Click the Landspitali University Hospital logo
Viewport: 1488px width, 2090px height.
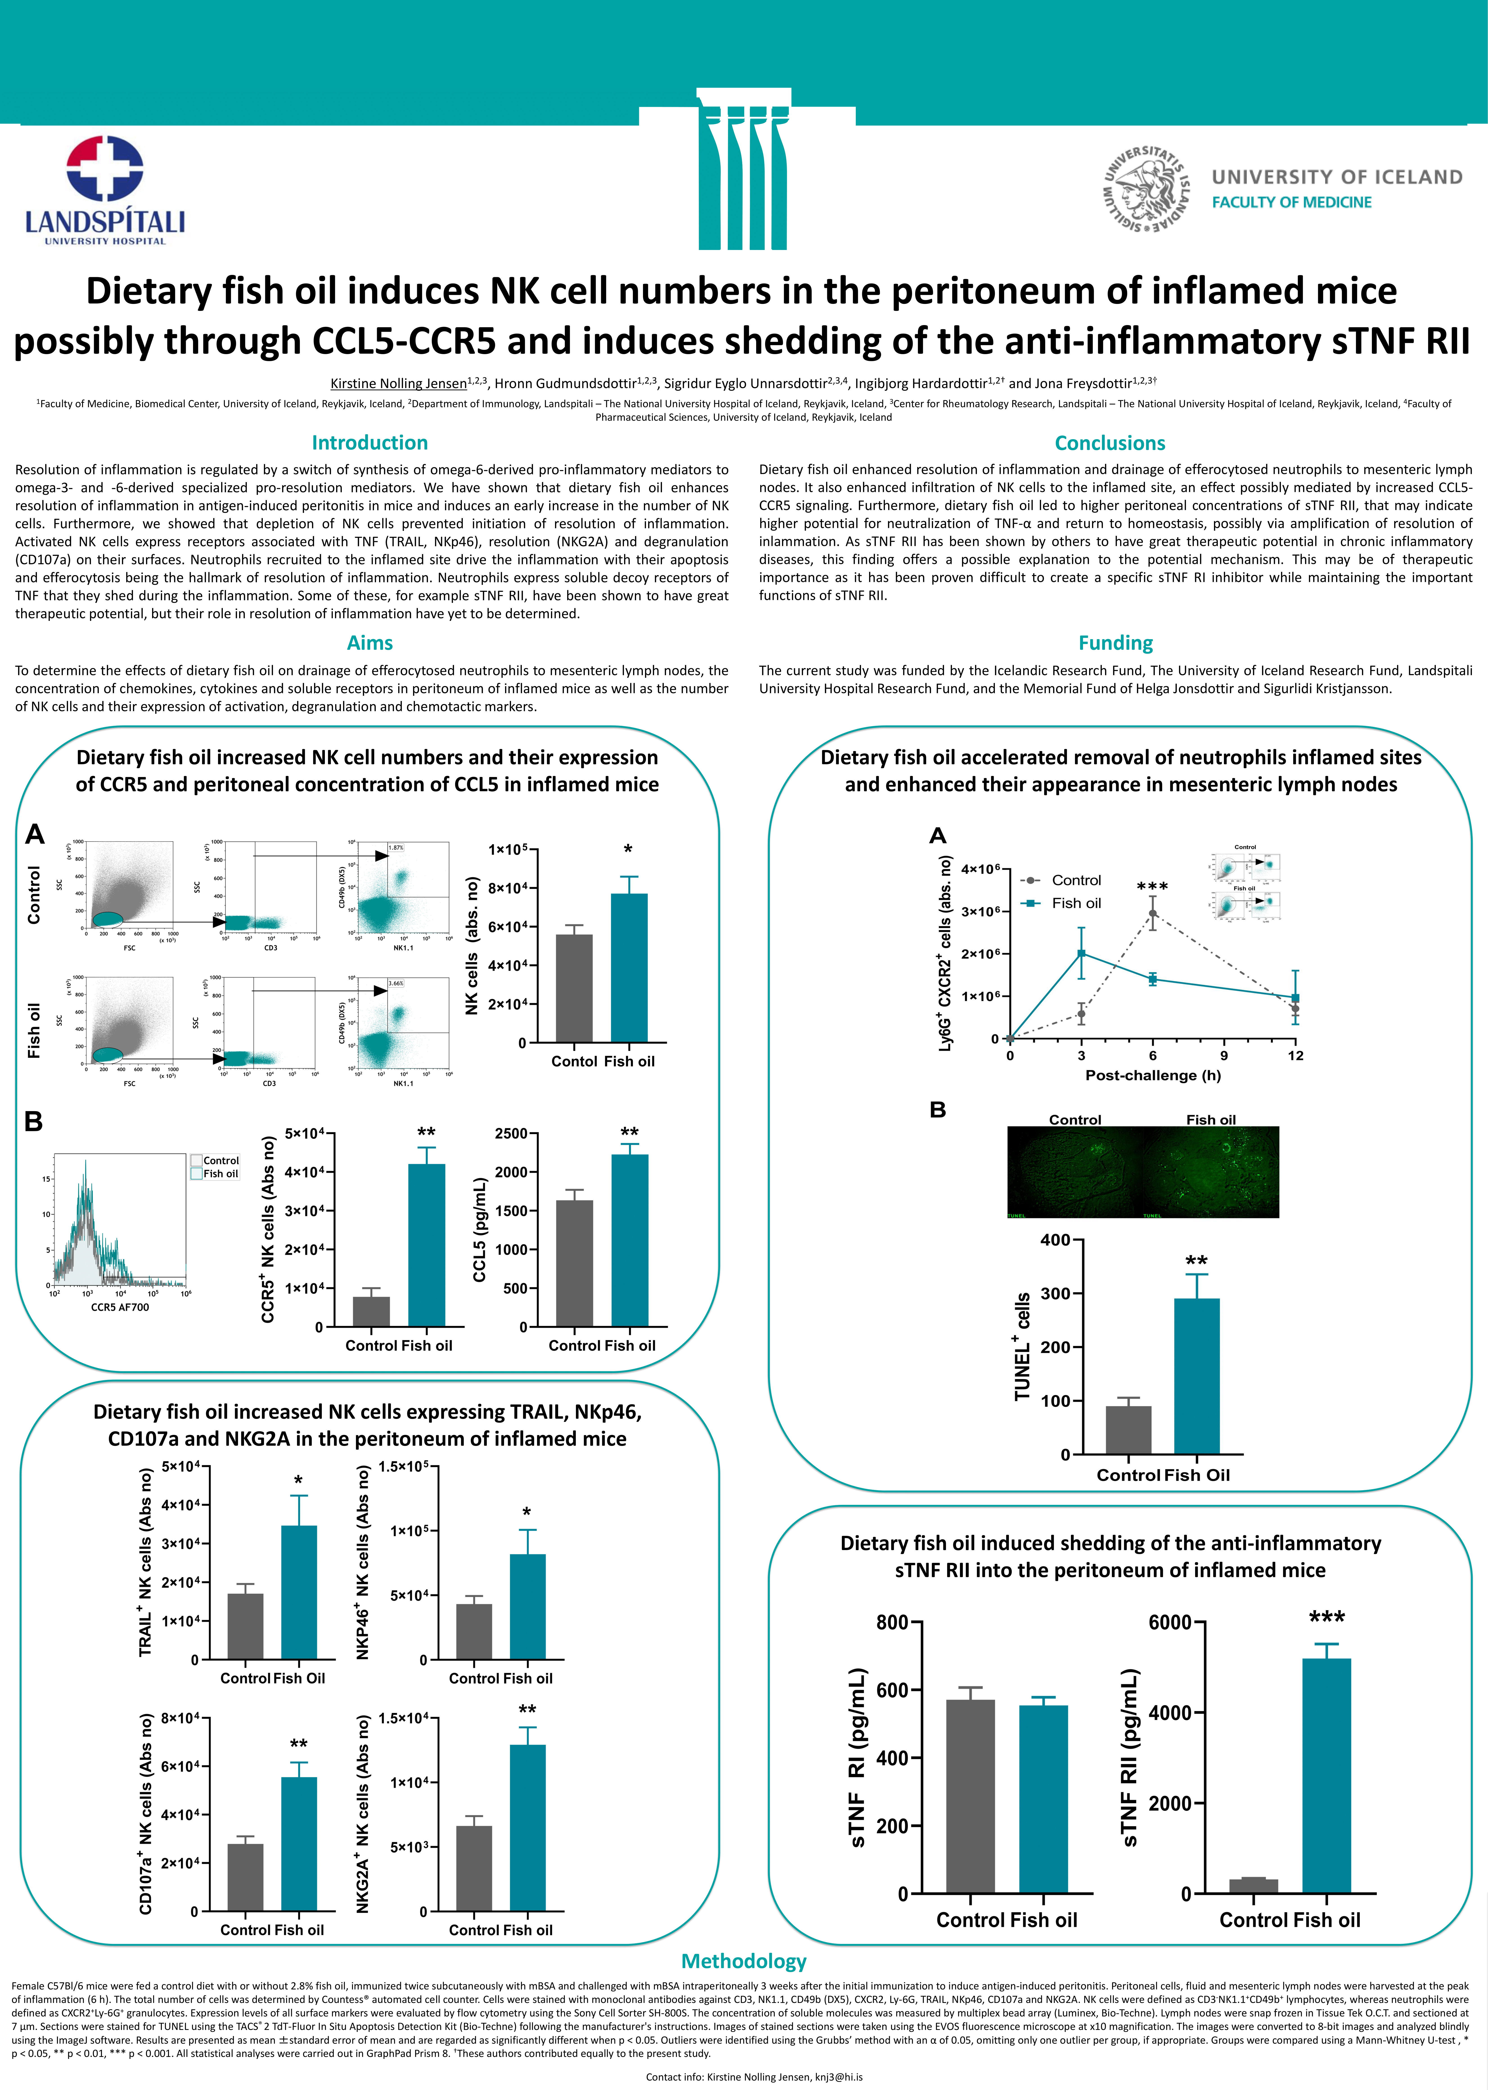pyautogui.click(x=104, y=190)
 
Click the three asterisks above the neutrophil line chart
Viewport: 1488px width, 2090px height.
pyautogui.click(x=1152, y=887)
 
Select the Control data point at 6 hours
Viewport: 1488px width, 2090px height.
pyautogui.click(x=1153, y=914)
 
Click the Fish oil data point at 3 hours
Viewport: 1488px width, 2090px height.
pyautogui.click(x=1081, y=953)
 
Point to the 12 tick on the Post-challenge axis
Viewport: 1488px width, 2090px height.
pyautogui.click(x=1295, y=1056)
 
